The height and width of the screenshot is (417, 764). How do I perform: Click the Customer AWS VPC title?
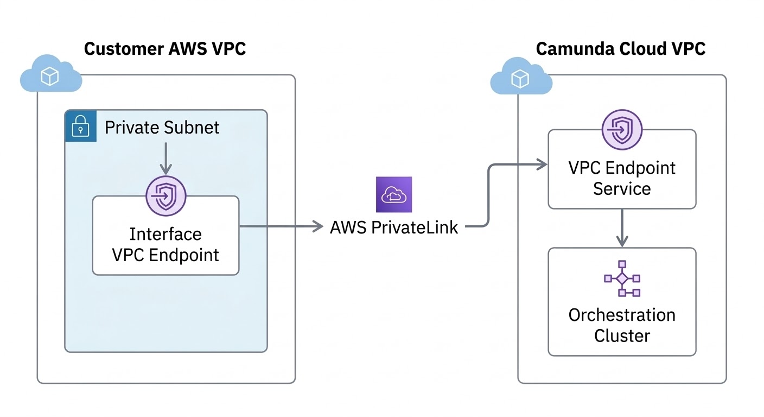coord(165,49)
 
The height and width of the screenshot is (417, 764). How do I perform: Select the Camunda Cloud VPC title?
coord(621,49)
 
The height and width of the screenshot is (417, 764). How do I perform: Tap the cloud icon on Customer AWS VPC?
coord(50,77)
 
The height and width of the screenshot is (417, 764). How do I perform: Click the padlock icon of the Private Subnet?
coord(81,126)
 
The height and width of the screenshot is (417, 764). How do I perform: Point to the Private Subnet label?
coord(162,128)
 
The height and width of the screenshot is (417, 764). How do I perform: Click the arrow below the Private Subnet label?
coord(165,157)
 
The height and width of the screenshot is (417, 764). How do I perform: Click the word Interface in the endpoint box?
coord(165,234)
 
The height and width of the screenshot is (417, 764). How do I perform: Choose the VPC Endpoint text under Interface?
coord(165,255)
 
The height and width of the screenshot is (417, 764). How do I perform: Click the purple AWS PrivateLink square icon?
coord(393,194)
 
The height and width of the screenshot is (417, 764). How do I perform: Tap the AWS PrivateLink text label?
coord(394,227)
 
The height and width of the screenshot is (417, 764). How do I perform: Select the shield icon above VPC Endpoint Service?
coord(622,130)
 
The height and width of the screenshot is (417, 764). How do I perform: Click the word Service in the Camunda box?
coord(622,189)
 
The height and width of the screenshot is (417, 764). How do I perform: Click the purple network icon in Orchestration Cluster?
coord(622,279)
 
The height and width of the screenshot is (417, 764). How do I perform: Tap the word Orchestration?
coord(622,315)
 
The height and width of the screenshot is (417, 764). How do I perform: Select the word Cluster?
coord(622,336)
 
